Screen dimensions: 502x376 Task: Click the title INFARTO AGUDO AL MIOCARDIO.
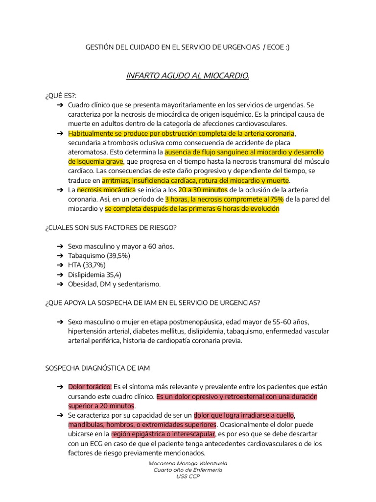(188, 75)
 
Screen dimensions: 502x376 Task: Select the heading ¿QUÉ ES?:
(61, 95)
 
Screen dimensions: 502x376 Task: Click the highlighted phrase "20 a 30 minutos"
(203, 190)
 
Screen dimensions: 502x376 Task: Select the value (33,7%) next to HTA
(94, 265)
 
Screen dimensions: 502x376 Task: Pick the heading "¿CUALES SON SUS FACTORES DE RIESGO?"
(111, 227)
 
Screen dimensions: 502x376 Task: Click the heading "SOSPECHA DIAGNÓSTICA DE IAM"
(97, 368)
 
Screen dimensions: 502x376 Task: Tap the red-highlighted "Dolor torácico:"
(90, 387)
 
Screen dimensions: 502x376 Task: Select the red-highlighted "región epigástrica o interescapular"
(163, 434)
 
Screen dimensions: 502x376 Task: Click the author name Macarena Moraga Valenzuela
(188, 463)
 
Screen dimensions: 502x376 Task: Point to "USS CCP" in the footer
(188, 476)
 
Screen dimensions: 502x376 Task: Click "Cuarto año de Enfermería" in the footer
(188, 470)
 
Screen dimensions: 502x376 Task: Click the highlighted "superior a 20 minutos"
(101, 406)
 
